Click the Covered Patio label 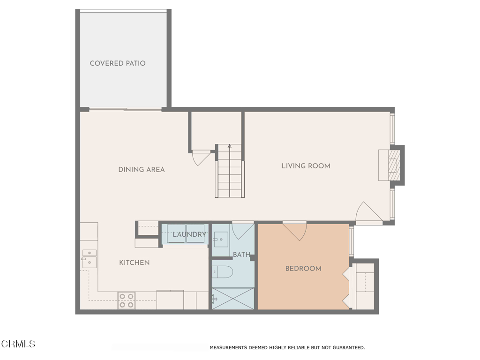point(118,63)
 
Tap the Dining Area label point(142,170)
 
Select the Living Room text point(306,166)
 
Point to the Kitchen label point(135,262)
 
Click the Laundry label point(189,234)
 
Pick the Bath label point(241,255)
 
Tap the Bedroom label point(303,269)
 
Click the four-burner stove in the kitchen point(127,300)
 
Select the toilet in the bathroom point(223,271)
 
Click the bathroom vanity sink point(221,239)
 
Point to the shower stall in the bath point(233,299)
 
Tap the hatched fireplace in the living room point(394,165)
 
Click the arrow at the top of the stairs point(230,146)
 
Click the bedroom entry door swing point(294,232)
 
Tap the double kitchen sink point(89,259)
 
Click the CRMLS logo point(18,344)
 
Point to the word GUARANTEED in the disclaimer point(348,347)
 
